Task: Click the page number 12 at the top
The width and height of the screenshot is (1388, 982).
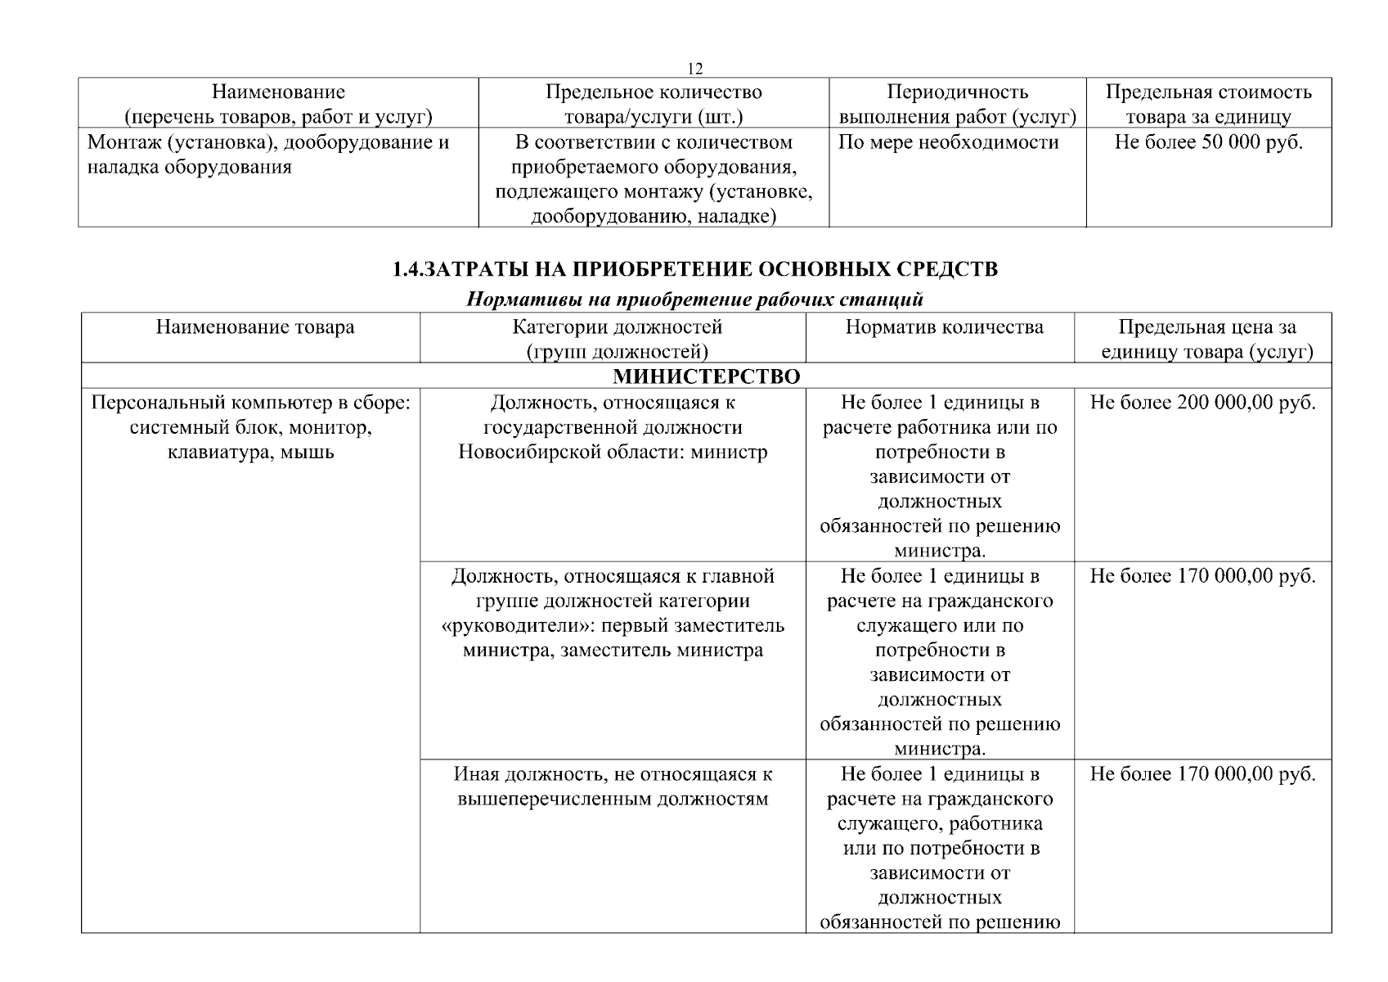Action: click(x=694, y=68)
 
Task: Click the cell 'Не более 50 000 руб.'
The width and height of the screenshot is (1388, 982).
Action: click(x=1208, y=142)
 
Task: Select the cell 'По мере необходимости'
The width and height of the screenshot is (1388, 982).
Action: click(x=948, y=142)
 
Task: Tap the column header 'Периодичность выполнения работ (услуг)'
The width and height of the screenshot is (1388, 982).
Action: click(x=957, y=104)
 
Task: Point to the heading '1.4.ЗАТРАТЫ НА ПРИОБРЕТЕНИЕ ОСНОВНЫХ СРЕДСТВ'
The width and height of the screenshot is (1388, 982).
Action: click(x=694, y=269)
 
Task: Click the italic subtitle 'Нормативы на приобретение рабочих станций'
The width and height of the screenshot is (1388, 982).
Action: click(x=694, y=299)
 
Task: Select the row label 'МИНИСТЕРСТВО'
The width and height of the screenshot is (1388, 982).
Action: click(x=706, y=376)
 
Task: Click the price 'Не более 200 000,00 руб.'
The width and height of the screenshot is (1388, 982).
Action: click(x=1203, y=403)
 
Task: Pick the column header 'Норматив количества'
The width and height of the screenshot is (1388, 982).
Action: click(x=944, y=327)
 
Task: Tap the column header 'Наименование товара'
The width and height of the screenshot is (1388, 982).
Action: click(x=255, y=327)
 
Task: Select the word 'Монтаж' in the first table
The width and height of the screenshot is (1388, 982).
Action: click(x=120, y=142)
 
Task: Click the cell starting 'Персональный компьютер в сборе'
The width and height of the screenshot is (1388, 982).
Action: click(x=250, y=427)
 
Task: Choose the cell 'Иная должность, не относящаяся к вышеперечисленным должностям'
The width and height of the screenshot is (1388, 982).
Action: click(x=613, y=786)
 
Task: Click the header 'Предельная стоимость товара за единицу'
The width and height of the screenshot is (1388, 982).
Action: click(x=1208, y=104)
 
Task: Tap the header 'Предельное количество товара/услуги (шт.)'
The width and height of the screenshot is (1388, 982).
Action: click(x=654, y=104)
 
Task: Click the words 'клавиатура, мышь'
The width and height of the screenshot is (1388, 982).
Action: click(x=250, y=452)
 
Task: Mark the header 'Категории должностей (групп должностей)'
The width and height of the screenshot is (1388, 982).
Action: click(x=617, y=339)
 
